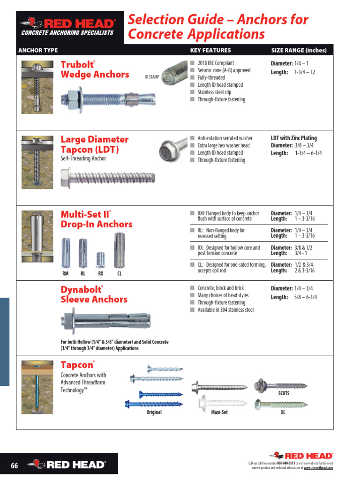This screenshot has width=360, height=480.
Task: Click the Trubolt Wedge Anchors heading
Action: point(95,69)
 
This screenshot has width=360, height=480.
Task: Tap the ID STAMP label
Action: point(152,77)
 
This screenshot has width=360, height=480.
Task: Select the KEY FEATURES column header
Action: point(210,50)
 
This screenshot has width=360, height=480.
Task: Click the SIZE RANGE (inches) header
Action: point(299,50)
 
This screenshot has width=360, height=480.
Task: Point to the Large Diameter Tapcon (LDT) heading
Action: point(94,144)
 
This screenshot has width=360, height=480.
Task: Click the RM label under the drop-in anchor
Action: point(66,273)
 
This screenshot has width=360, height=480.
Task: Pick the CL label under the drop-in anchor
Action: point(119,273)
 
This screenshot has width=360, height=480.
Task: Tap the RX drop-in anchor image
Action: point(100,259)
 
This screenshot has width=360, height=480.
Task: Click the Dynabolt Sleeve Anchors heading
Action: point(94,294)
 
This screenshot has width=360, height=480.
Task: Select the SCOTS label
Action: point(284,394)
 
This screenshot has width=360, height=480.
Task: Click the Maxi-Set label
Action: point(219,412)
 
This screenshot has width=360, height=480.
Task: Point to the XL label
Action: point(283,412)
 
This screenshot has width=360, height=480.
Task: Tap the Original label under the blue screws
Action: point(154,412)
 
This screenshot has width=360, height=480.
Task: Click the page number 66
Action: point(14,465)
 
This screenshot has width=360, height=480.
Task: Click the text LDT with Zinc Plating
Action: point(293,138)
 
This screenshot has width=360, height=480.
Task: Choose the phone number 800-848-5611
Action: point(289,463)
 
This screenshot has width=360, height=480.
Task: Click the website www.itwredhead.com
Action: point(318,468)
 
